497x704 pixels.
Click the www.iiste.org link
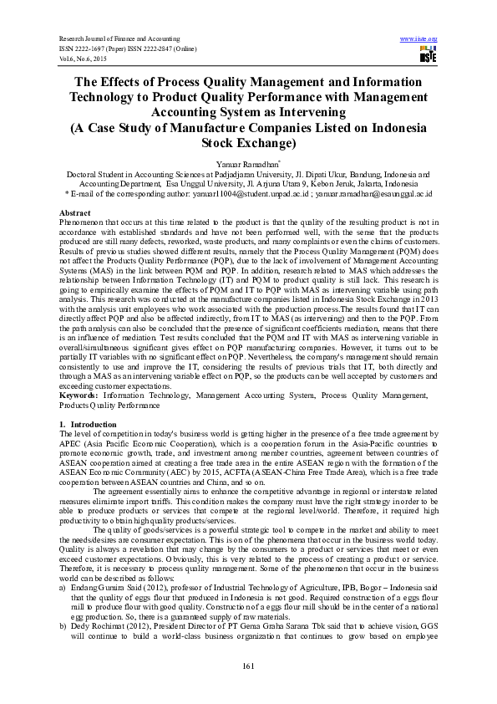click(x=418, y=38)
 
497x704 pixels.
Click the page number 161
click(x=247, y=665)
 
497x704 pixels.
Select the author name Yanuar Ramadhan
click(x=247, y=164)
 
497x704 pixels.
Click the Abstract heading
click(x=76, y=214)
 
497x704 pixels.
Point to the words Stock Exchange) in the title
click(x=247, y=144)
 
